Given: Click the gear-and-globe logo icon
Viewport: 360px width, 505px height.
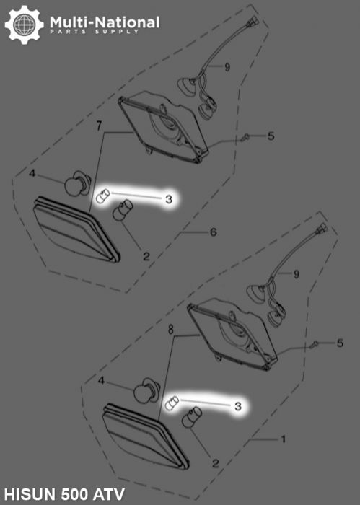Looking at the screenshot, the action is click(24, 25).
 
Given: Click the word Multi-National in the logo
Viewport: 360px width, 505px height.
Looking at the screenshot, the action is click(105, 22).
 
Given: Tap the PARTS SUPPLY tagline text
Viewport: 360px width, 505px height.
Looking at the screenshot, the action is click(95, 32).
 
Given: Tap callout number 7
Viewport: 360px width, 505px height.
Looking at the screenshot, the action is click(99, 126).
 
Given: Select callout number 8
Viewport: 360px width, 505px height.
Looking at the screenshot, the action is click(170, 329).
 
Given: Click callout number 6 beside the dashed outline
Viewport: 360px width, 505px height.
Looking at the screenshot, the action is click(213, 232).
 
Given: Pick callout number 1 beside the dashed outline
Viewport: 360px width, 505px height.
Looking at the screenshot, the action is click(284, 439).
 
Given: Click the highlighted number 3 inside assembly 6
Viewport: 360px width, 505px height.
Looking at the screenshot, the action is click(169, 199).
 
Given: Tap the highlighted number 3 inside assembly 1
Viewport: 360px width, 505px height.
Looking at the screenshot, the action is click(238, 406).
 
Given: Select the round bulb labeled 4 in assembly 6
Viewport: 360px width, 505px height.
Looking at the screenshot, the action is click(78, 183).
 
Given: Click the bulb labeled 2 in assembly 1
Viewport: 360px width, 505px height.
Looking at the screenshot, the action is click(192, 418).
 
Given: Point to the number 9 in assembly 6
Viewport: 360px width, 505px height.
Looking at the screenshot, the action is click(227, 67).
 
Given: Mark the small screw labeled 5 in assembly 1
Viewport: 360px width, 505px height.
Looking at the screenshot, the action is click(315, 344).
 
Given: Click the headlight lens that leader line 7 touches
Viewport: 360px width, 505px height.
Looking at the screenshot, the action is click(76, 229).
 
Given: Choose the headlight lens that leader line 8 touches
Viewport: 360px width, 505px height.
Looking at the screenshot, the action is click(146, 436).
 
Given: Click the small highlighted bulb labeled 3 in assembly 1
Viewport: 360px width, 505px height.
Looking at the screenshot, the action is click(172, 403).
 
